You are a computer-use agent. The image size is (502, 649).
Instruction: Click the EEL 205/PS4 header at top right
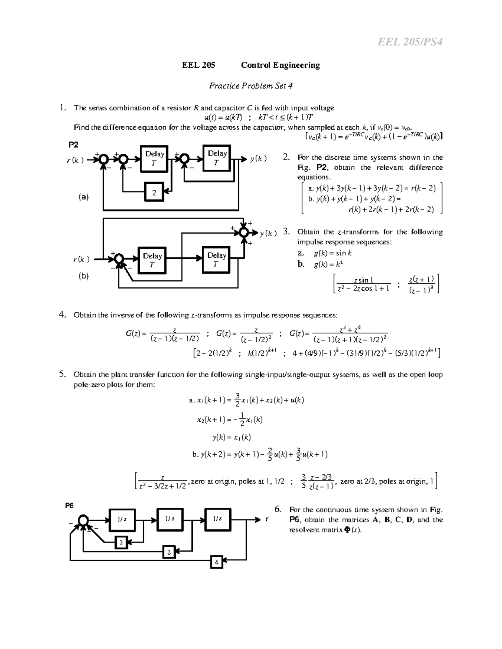click(x=410, y=42)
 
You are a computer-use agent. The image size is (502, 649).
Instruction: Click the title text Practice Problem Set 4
click(x=251, y=86)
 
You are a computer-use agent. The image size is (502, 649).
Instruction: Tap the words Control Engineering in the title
click(x=280, y=65)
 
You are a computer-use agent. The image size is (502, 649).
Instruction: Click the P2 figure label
click(x=73, y=145)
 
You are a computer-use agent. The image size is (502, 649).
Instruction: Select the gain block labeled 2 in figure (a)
click(x=154, y=193)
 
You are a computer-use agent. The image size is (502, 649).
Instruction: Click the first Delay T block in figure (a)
click(x=154, y=159)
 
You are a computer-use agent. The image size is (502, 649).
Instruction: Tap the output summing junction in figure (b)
click(x=243, y=232)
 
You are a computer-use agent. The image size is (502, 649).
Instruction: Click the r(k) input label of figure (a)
click(x=75, y=160)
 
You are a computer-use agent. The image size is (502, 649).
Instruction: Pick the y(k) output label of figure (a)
click(x=259, y=159)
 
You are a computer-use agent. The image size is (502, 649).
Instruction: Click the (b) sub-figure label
click(x=84, y=276)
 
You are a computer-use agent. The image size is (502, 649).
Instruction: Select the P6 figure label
click(x=69, y=505)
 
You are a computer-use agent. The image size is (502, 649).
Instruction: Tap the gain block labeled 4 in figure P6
click(x=216, y=562)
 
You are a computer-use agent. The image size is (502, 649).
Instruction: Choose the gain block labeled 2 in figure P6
click(x=169, y=552)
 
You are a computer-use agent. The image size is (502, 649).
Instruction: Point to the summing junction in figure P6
click(x=84, y=520)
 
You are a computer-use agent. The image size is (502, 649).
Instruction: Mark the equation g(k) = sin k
click(x=333, y=253)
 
